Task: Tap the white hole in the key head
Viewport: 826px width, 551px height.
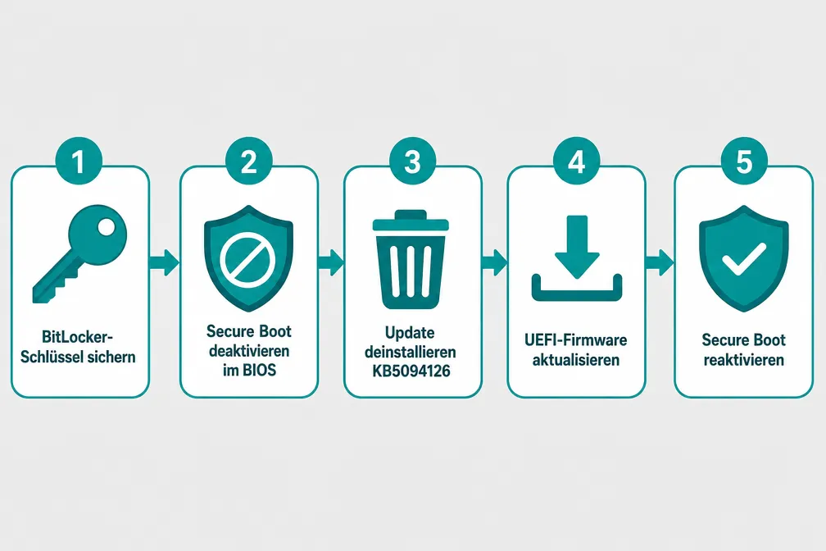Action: [106, 228]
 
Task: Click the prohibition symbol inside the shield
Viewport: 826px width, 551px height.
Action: [247, 258]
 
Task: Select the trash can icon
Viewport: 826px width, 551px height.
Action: [411, 259]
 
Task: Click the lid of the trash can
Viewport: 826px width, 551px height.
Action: [411, 220]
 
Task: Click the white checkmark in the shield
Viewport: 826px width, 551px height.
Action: [744, 258]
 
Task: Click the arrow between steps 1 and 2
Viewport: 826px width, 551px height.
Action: [165, 262]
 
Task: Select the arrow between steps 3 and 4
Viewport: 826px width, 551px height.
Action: [494, 262]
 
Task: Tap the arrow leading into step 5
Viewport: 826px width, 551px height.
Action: [659, 262]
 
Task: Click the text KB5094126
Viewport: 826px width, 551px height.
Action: [411, 371]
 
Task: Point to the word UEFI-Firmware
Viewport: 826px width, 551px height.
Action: [576, 339]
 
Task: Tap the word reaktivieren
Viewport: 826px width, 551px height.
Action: [744, 360]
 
